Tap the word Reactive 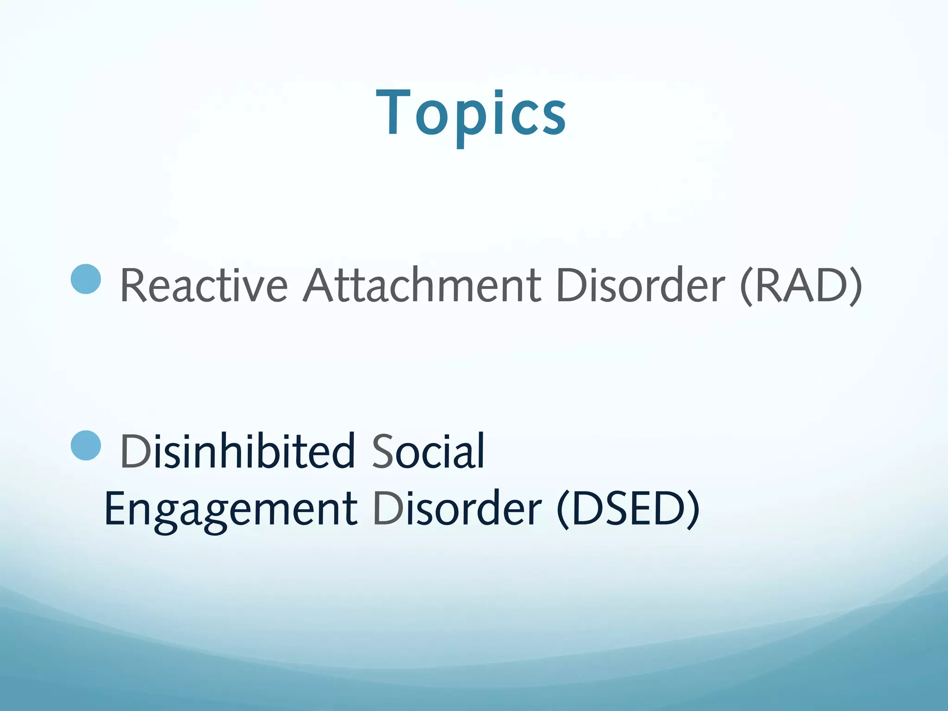(x=204, y=286)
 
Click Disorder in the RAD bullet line (x=640, y=286)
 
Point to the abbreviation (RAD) (x=801, y=286)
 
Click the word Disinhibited (x=237, y=451)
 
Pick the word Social (x=428, y=451)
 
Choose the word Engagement (x=231, y=509)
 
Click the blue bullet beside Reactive (x=86, y=279)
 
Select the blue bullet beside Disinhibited (x=86, y=445)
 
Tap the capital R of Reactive (x=134, y=286)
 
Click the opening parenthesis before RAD (x=747, y=287)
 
